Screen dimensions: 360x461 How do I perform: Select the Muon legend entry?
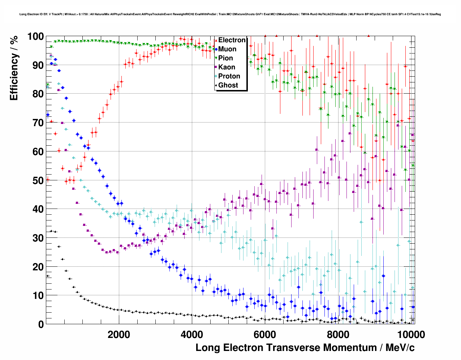tap(227, 49)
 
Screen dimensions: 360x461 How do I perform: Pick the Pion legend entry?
tap(225, 58)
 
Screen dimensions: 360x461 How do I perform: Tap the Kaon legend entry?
tap(227, 67)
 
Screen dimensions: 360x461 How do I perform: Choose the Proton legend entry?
tap(229, 76)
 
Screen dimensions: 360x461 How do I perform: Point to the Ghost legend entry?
tap(228, 85)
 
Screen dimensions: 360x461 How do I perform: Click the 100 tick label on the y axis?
tap(35, 37)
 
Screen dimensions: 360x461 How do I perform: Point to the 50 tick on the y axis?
tap(38, 180)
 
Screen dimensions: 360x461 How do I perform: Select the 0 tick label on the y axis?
tap(41, 324)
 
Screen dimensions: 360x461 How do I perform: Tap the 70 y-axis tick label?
tap(38, 123)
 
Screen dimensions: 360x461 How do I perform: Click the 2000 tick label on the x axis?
tap(119, 334)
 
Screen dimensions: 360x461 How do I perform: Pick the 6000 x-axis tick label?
tap(264, 334)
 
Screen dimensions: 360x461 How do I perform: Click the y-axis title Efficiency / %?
tap(14, 68)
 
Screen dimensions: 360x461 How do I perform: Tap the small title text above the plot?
tap(230, 14)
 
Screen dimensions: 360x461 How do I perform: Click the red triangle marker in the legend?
tap(216, 40)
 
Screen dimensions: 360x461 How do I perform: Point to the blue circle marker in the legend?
tap(216, 49)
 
